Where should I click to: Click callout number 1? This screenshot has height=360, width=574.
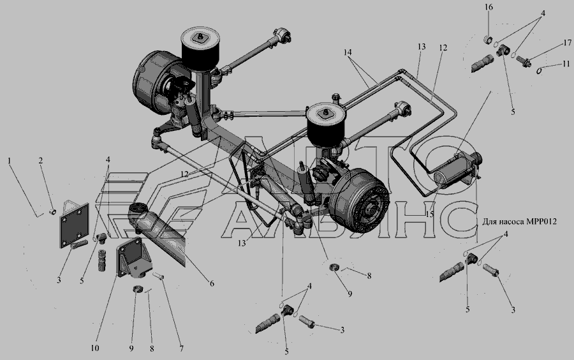coord(10,160)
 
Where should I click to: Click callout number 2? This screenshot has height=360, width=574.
coord(41,160)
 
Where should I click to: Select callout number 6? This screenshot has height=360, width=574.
coord(212,283)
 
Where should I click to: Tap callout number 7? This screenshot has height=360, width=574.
coord(181,349)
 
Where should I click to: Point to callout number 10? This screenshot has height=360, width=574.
coord(95,347)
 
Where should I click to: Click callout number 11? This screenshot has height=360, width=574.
coord(566,64)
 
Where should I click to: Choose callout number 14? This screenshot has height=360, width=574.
coord(348,52)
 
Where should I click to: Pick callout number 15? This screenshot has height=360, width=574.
coord(429,214)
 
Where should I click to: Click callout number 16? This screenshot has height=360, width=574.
coord(489,7)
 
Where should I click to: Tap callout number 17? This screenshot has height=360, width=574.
coord(568,43)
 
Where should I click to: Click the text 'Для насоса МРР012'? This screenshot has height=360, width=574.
coord(519,221)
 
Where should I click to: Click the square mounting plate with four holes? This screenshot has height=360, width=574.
coord(75,225)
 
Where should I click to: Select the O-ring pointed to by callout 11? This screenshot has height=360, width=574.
coord(539,70)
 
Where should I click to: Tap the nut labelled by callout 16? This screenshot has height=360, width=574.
coord(488,39)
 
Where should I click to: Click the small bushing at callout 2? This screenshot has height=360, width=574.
coord(53,211)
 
